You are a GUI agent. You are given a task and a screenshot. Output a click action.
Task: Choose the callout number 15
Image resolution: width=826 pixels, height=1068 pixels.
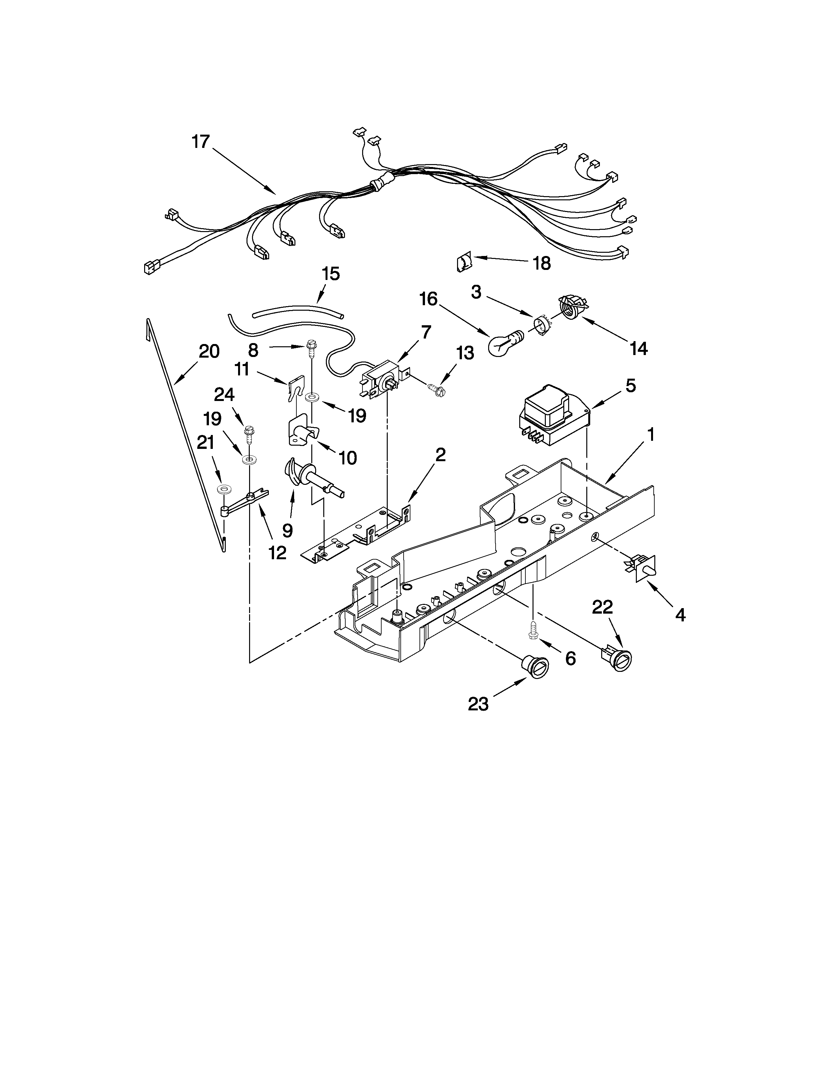tap(331, 274)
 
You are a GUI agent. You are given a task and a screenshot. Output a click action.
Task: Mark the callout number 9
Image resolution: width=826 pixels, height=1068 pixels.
tap(287, 530)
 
